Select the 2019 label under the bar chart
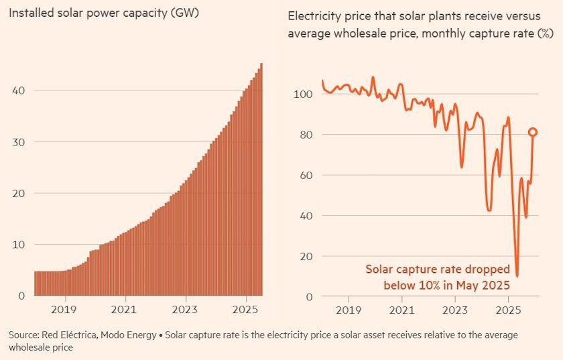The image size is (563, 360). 64,310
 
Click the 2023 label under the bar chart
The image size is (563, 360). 185,310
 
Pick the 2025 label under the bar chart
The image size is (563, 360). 245,310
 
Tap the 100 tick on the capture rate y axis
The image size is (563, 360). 303,95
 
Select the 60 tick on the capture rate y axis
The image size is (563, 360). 306,176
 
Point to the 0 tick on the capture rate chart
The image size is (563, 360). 308,297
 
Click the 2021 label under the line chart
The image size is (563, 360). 401,310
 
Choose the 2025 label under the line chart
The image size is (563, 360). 508,310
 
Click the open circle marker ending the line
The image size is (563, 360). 533,133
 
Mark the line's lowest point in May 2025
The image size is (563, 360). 517,276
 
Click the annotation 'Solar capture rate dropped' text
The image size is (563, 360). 438,269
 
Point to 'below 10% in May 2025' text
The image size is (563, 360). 446,285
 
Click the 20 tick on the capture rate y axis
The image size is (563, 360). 306,257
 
